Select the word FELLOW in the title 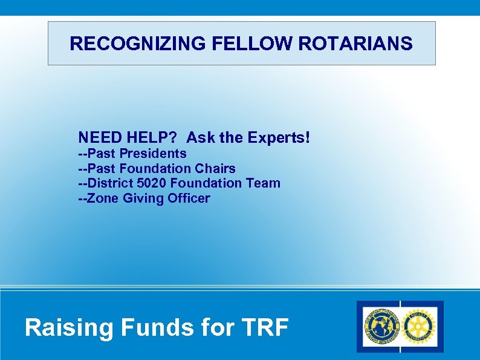[219, 44]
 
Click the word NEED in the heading [99, 137]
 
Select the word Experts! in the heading [278, 137]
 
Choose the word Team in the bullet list [265, 183]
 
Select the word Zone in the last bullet [103, 198]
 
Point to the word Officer [189, 198]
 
